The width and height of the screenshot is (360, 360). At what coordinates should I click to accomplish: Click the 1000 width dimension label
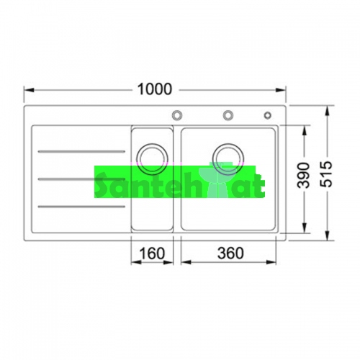(x=155, y=89)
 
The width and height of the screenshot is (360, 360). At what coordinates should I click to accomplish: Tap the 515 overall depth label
(x=326, y=174)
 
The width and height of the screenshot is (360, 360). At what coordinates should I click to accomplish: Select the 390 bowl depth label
(x=304, y=175)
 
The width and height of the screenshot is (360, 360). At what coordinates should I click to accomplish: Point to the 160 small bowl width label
(x=152, y=253)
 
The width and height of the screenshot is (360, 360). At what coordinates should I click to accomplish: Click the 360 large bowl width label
(x=230, y=253)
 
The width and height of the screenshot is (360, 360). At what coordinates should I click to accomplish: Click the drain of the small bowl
(x=152, y=159)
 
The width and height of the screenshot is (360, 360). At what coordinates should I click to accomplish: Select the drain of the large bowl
(x=228, y=159)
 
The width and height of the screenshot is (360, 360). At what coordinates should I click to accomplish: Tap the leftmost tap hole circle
(x=177, y=115)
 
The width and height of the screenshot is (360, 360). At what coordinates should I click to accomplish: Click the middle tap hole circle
(x=228, y=115)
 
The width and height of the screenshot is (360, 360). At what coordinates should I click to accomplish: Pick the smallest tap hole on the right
(x=268, y=115)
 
